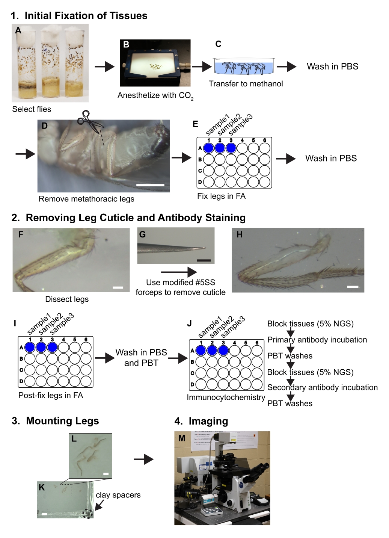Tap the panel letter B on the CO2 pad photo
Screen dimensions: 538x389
127,44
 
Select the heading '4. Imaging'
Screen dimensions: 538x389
201,421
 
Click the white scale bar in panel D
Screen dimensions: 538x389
150,185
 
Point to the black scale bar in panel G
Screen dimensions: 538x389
204,260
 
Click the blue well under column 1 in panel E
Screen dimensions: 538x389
209,148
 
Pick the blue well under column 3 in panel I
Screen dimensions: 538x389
52,347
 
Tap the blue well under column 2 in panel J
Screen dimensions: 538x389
212,351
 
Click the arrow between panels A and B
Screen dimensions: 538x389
104,67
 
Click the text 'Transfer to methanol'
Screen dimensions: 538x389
246,84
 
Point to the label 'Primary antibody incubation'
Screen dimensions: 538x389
317,340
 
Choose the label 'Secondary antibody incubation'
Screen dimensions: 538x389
322,387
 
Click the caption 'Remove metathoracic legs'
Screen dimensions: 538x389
86,199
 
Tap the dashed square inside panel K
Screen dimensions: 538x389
65,490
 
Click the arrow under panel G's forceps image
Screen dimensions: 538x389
179,272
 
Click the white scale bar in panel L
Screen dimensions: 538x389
106,474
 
